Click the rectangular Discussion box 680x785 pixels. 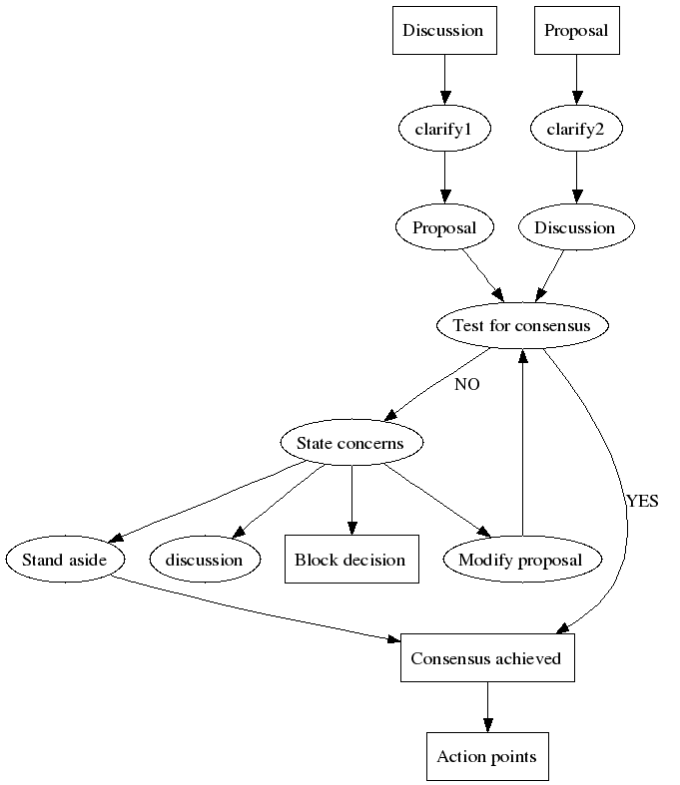click(x=442, y=31)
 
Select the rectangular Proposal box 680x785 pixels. click(x=575, y=31)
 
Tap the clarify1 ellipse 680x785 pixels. click(x=443, y=129)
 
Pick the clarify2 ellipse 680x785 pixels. click(x=575, y=129)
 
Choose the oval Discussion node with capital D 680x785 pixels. click(x=574, y=227)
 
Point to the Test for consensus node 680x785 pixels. click(x=521, y=325)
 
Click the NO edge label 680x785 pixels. click(x=466, y=384)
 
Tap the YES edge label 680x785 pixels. click(x=641, y=502)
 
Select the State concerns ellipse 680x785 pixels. click(x=351, y=443)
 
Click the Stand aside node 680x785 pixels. click(x=65, y=560)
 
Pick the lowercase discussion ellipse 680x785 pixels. click(x=205, y=560)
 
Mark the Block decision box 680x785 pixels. click(x=350, y=560)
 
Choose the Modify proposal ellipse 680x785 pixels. click(x=520, y=560)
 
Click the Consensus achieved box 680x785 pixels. click(x=486, y=658)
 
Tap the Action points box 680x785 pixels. click(x=486, y=757)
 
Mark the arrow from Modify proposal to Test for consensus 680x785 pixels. click(x=521, y=439)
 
